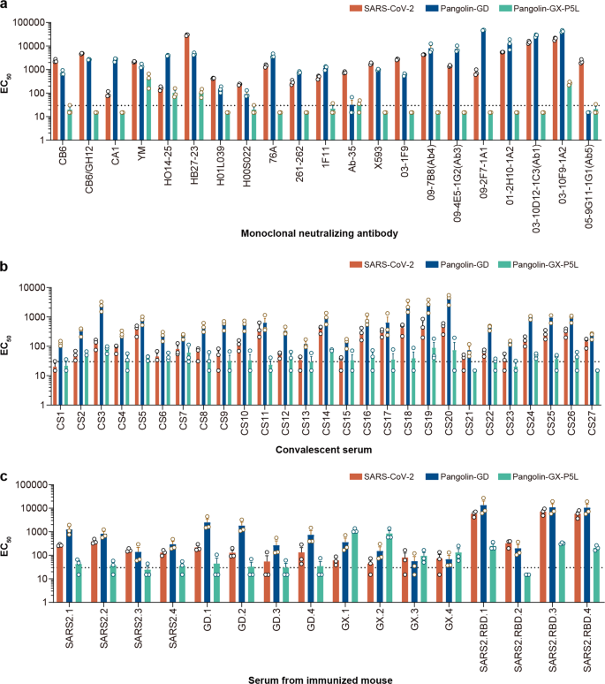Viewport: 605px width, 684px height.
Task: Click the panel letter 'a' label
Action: coord(5,6)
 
